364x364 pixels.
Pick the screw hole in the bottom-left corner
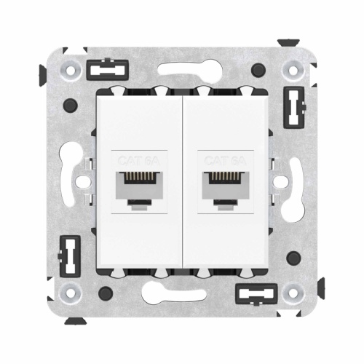[x=70, y=293]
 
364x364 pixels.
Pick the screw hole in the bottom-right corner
[x=293, y=293]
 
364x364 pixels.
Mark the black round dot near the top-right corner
[x=257, y=71]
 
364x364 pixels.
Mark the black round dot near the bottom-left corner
[x=106, y=293]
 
